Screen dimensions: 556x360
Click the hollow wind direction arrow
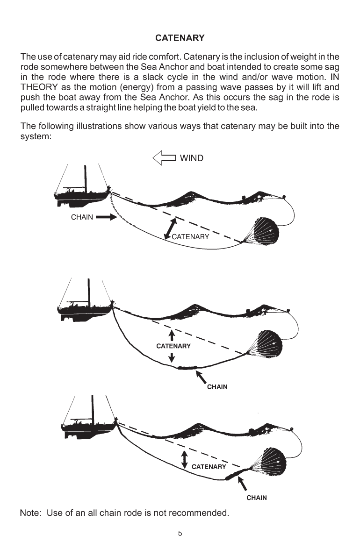point(164,158)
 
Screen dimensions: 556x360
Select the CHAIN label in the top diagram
point(82,217)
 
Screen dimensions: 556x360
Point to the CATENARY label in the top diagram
point(190,237)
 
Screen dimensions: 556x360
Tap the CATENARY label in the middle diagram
point(173,346)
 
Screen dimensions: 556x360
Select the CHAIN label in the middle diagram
point(217,387)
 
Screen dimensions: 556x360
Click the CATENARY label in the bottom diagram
point(209,466)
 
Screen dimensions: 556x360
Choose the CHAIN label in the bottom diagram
point(257,498)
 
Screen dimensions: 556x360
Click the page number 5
point(180,533)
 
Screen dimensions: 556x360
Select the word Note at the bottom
point(29,514)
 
